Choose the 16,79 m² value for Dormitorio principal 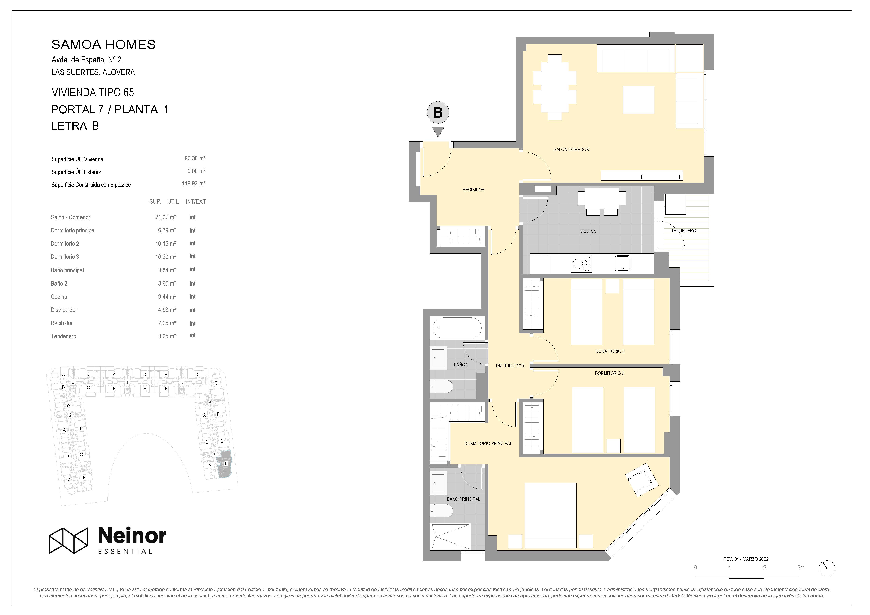coord(166,230)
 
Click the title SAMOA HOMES coord(103,45)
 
